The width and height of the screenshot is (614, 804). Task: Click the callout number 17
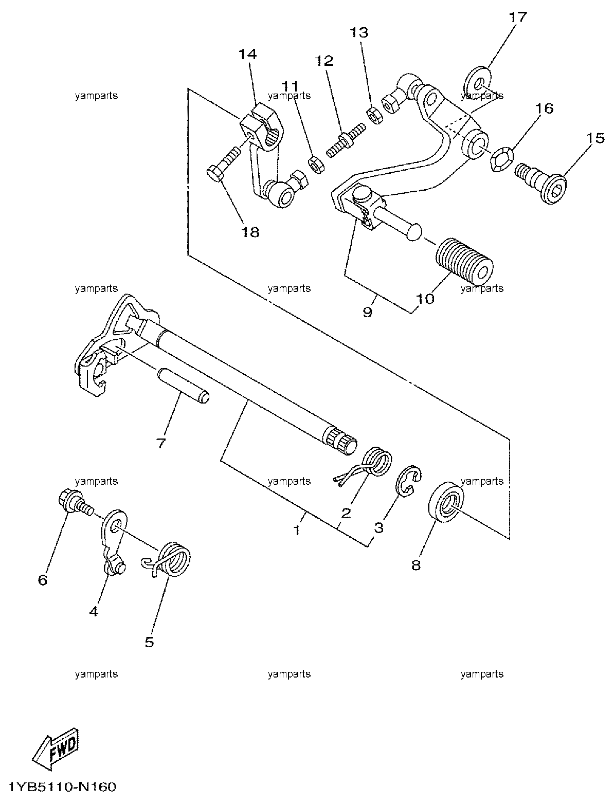point(518,17)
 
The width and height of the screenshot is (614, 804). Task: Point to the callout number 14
point(248,54)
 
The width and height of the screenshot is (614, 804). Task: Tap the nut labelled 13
point(375,115)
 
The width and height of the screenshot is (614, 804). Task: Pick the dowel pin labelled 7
point(183,386)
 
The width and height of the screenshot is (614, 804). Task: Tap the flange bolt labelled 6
point(76,502)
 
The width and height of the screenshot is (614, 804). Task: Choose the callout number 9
point(368,312)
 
